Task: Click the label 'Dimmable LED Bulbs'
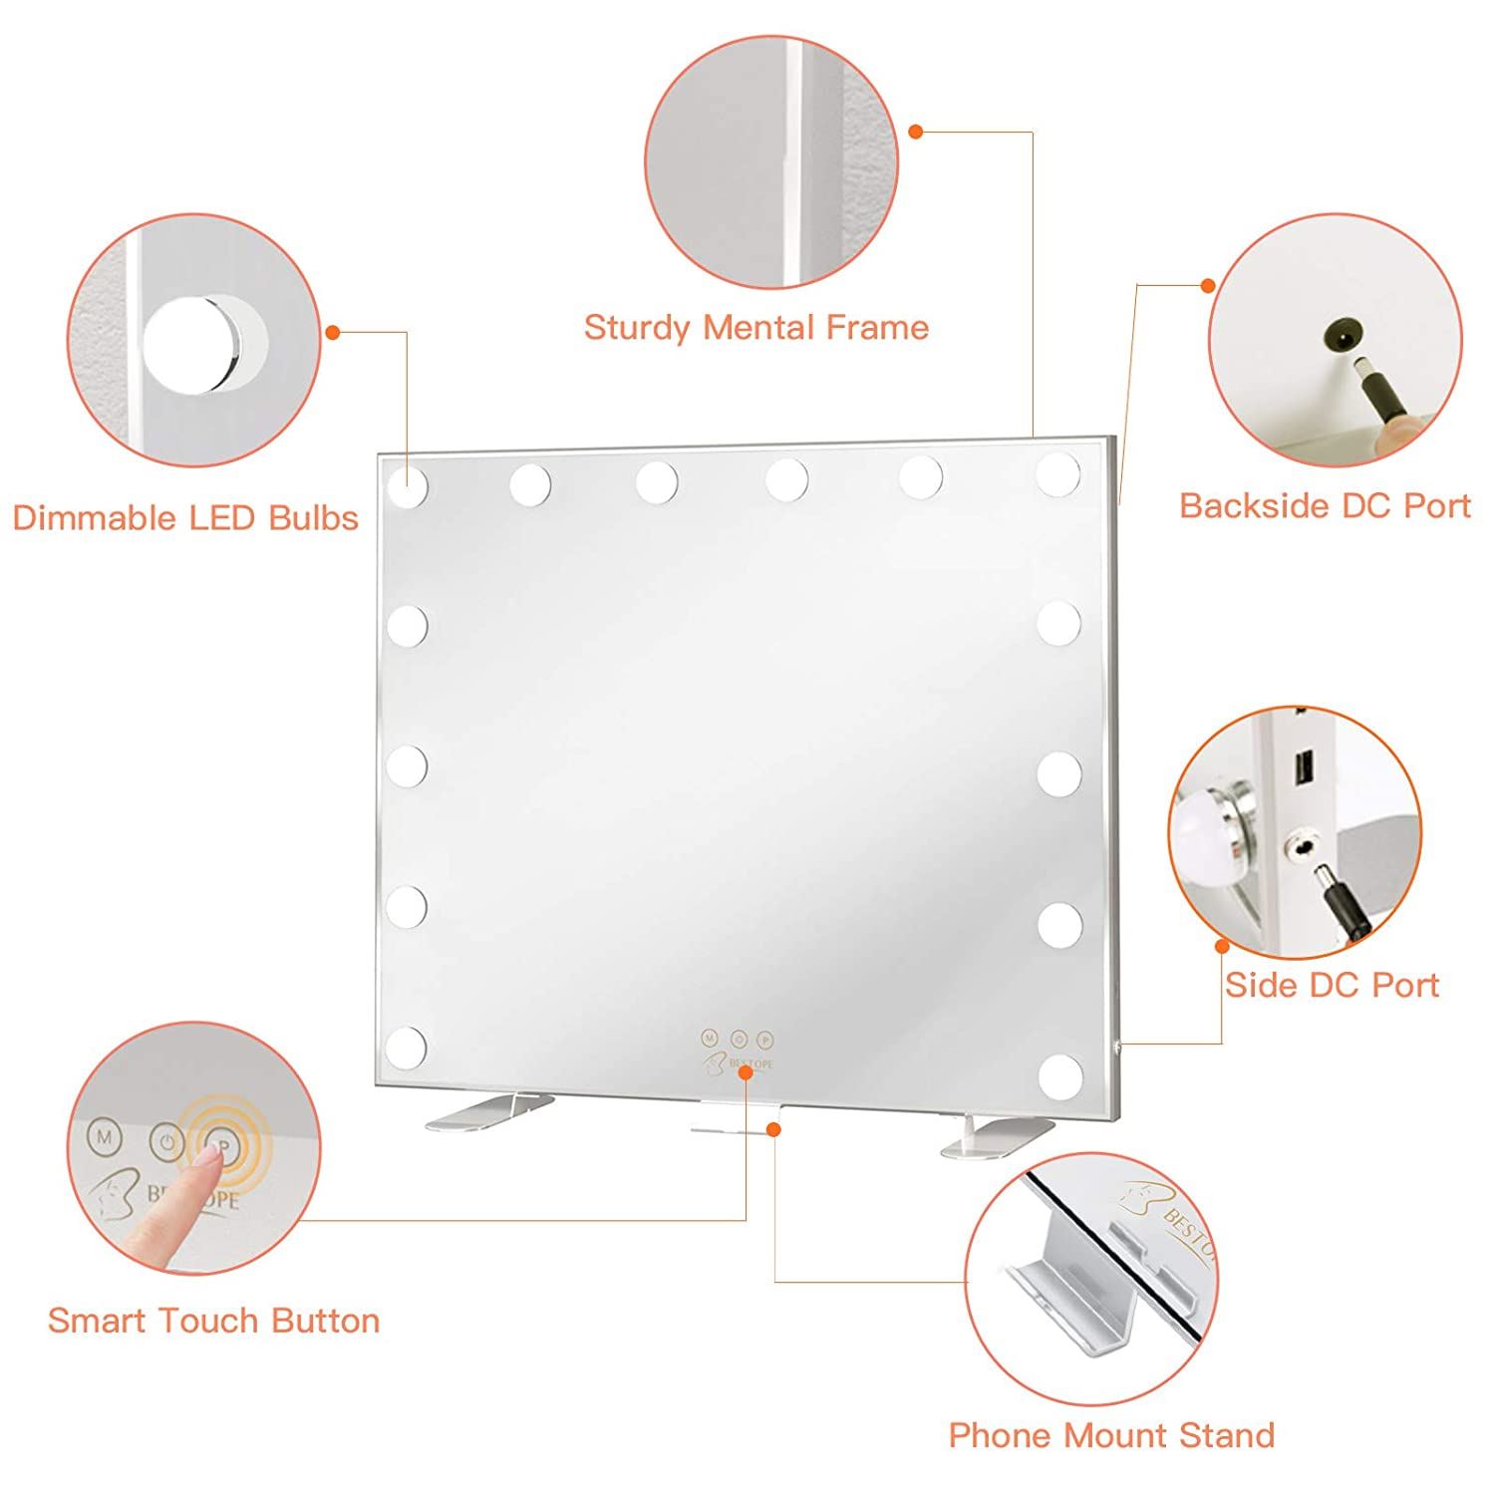pos(185,518)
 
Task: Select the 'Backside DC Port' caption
pos(1325,505)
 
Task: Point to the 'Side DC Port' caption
pos(1332,985)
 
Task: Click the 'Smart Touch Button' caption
pos(214,1321)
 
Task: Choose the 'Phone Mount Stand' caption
pos(1111,1435)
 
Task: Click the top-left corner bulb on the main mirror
pos(407,484)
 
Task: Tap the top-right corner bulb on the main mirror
pos(1057,473)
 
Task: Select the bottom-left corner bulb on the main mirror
pos(407,1047)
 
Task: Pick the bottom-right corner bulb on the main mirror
pos(1058,1073)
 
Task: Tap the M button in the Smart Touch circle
pos(103,1135)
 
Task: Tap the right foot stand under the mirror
pos(997,1136)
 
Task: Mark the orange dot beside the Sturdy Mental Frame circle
pos(917,131)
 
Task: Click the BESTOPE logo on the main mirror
pos(738,1062)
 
